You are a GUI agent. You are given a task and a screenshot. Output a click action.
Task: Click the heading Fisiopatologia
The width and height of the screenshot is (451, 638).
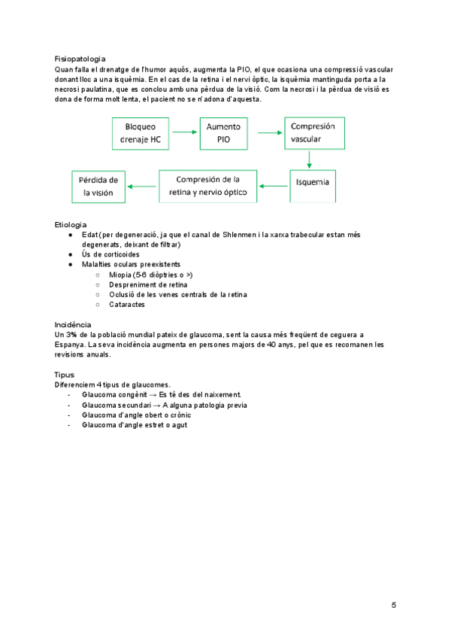[x=80, y=59]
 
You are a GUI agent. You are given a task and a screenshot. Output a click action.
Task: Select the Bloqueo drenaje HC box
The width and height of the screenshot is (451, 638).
[x=142, y=133]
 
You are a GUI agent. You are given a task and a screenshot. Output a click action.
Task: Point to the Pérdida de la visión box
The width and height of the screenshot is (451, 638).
[x=99, y=187]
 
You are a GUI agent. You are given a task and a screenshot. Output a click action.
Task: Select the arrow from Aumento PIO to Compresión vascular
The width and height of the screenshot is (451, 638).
[x=270, y=133]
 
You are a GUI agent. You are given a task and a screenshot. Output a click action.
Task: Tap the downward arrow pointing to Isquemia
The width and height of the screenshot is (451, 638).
[x=310, y=159]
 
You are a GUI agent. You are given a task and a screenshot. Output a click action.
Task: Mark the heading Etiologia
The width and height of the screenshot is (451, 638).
[x=71, y=225]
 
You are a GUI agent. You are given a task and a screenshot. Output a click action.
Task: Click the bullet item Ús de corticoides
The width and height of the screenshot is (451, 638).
[x=110, y=254]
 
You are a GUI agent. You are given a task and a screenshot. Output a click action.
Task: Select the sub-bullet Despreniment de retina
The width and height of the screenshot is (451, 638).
[x=147, y=285]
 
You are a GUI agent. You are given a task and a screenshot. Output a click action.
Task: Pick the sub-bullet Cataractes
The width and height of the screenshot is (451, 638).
[x=127, y=305]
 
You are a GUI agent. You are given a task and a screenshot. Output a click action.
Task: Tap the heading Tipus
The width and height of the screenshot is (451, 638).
[x=65, y=374]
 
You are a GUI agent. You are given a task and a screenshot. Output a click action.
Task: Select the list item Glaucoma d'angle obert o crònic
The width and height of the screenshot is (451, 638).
[x=136, y=415]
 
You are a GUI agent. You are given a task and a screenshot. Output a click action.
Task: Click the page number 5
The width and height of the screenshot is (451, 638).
[x=394, y=606]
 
